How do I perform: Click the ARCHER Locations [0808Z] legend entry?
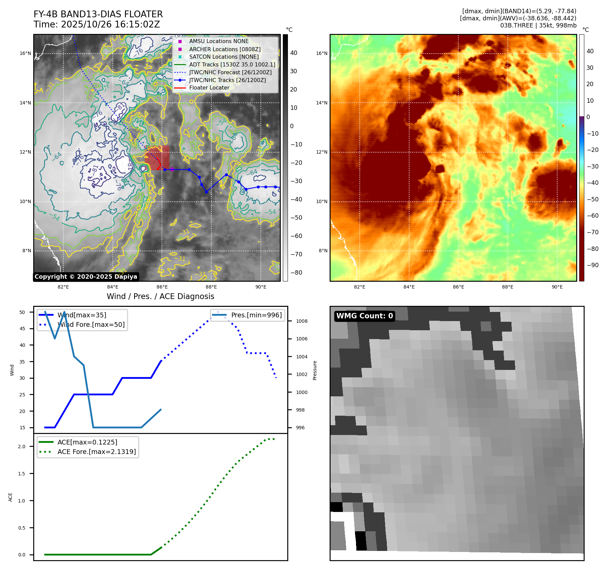tap(225, 49)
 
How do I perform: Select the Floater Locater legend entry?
tap(209, 88)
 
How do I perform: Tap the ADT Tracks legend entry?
tap(232, 64)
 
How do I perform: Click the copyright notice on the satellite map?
tap(86, 277)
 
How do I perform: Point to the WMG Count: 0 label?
tap(364, 316)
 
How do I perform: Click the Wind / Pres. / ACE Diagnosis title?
tap(160, 296)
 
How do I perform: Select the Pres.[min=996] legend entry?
tap(256, 315)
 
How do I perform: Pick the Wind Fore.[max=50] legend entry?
tap(91, 325)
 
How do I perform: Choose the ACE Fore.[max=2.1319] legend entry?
tap(97, 452)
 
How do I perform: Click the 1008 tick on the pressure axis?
tap(301, 321)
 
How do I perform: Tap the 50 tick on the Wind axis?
tap(22, 312)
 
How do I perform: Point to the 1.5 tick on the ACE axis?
tap(22, 474)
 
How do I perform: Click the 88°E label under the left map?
tap(211, 287)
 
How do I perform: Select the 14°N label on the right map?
tap(321, 103)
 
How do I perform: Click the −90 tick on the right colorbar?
tap(592, 265)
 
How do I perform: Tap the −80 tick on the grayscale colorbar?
tap(296, 273)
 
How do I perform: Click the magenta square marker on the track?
tap(172, 169)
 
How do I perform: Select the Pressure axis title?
tap(315, 370)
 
